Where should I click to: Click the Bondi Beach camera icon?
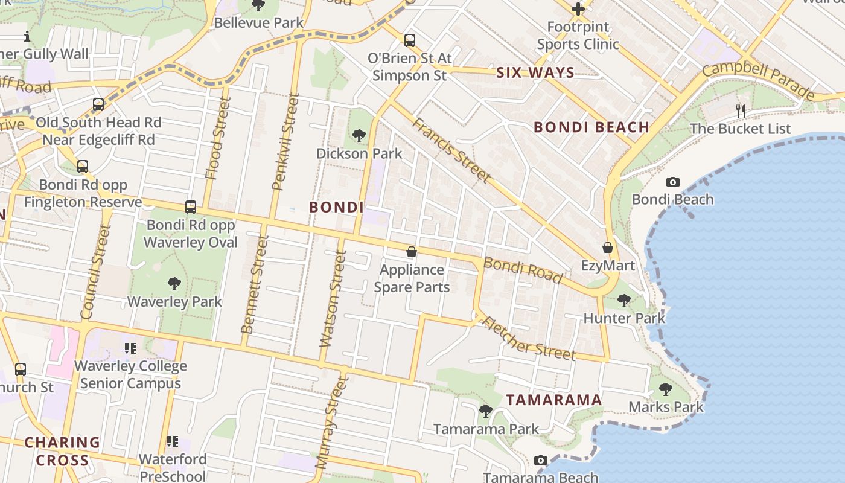[x=672, y=182]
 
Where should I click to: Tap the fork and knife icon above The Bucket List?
[x=741, y=110]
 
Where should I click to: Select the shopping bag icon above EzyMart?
[x=608, y=248]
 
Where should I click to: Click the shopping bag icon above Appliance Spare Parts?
[x=412, y=252]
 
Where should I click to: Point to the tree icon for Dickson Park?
[x=359, y=135]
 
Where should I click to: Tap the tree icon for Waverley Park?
[x=174, y=283]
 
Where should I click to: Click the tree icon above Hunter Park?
[x=624, y=300]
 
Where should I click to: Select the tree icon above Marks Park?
[x=666, y=389]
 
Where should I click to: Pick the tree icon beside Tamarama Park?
[x=485, y=411]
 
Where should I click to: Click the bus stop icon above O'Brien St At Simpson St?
[x=410, y=40]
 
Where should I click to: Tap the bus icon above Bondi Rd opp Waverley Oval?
[x=191, y=207]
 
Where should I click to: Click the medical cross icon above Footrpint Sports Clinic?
[x=578, y=9]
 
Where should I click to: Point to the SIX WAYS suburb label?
[x=535, y=73]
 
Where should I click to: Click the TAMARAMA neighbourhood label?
[x=553, y=400]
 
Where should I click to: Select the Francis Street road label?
[x=451, y=150]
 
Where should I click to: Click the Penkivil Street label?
[x=286, y=141]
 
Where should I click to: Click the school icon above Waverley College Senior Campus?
[x=130, y=348]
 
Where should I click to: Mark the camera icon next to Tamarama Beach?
[x=541, y=461]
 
